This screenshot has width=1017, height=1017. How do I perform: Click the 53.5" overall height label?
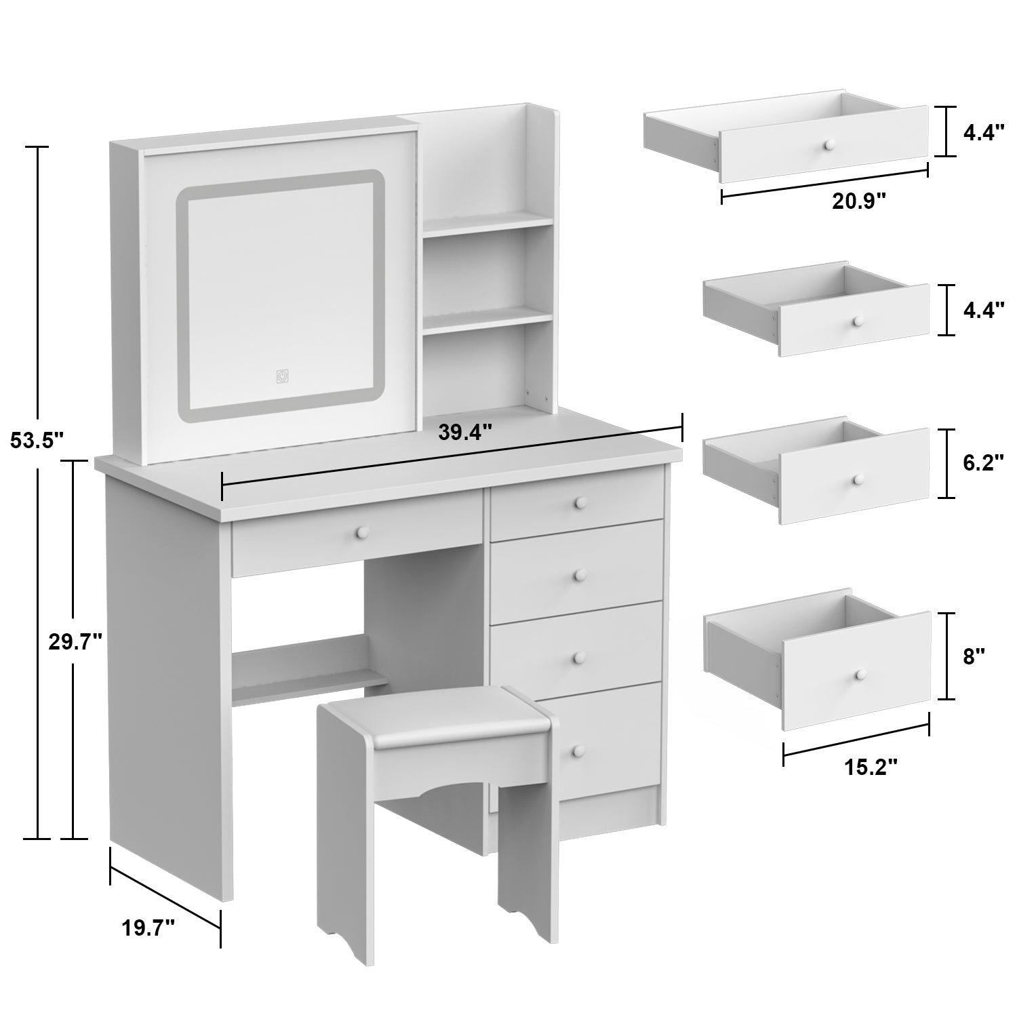point(37,441)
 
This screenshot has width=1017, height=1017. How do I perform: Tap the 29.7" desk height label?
point(75,641)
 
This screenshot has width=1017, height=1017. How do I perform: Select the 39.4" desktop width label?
point(464,432)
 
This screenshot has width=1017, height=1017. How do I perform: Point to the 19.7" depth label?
point(148,928)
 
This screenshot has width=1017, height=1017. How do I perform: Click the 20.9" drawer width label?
point(860,201)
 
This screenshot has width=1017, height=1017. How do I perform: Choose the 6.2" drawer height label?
point(983,463)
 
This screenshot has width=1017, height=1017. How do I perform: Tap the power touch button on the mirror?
point(282,376)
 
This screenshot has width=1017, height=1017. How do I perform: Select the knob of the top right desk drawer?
point(580,502)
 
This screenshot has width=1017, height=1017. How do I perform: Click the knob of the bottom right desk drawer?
point(578,750)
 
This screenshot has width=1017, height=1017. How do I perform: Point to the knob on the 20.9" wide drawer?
point(828,145)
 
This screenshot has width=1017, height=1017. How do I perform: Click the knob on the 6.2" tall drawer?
point(858,479)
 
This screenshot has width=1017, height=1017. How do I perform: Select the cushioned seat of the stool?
point(434,724)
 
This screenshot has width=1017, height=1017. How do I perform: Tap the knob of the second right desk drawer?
point(578,576)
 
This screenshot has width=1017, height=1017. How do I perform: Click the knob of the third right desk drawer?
point(578,657)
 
